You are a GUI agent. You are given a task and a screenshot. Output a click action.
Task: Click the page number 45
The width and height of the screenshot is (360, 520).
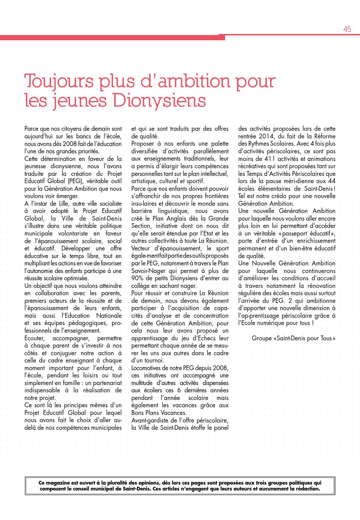pyautogui.click(x=347, y=29)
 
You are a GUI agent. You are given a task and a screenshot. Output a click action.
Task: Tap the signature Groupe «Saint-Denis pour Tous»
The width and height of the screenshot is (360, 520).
pyautogui.click(x=293, y=338)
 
